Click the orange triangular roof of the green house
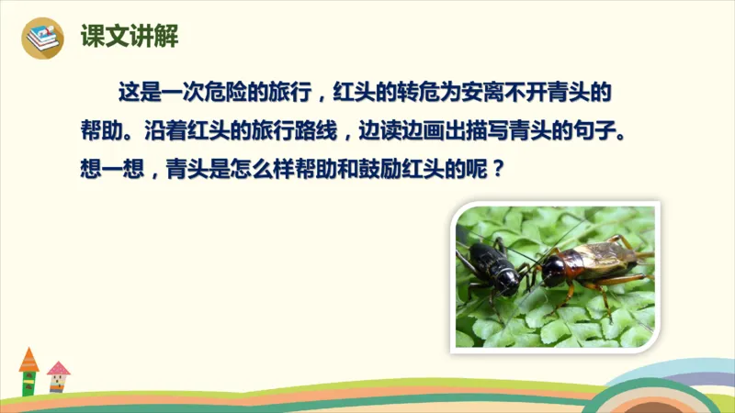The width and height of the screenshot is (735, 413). point(29,358)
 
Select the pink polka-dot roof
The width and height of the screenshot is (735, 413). point(58,369)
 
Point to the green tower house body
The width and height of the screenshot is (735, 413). point(29,381)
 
